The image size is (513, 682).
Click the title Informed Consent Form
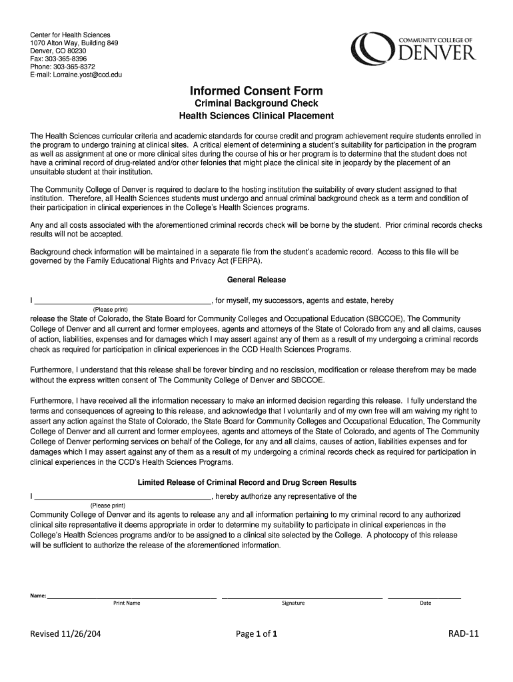point(256,91)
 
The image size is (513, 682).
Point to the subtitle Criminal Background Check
point(256,103)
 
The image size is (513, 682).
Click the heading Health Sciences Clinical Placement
point(256,116)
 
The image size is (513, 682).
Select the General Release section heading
point(256,280)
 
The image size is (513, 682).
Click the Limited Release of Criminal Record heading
point(256,482)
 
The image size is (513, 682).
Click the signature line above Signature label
point(302,597)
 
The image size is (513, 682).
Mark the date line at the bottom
point(424,597)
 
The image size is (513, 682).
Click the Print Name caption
point(127,603)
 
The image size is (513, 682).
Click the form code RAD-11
point(464,634)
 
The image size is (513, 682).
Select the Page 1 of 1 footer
point(256,634)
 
